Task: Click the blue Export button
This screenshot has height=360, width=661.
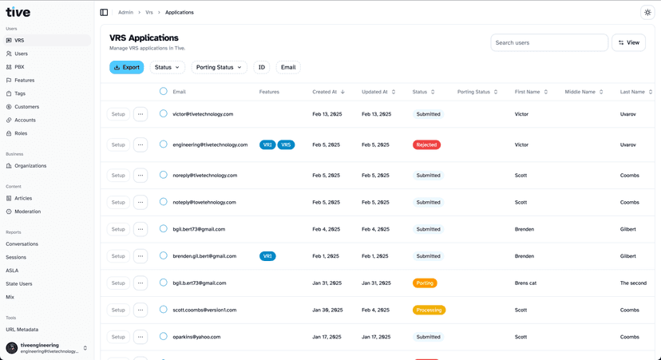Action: click(126, 67)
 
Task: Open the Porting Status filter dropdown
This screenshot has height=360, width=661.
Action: click(219, 67)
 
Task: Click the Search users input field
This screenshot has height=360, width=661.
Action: click(548, 42)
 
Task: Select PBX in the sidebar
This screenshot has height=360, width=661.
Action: click(19, 67)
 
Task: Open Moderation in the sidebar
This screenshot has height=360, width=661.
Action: click(27, 212)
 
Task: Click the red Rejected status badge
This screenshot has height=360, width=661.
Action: click(426, 144)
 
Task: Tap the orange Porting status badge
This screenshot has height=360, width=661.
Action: click(425, 283)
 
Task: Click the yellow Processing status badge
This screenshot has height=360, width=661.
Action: click(429, 310)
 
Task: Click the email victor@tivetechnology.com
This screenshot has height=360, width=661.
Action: click(203, 114)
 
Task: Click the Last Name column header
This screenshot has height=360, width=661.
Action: click(632, 92)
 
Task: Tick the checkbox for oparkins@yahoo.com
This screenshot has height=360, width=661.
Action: click(164, 337)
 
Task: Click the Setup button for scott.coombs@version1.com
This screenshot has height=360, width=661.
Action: click(118, 310)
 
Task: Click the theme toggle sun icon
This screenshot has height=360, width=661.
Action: click(647, 13)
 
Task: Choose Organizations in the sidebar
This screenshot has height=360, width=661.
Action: click(30, 166)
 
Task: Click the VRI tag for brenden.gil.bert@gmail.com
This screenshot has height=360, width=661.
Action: click(267, 256)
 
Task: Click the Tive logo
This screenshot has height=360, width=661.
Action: click(18, 12)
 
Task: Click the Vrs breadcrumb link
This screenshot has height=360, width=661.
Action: click(149, 13)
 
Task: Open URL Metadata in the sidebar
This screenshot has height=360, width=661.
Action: click(22, 329)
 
